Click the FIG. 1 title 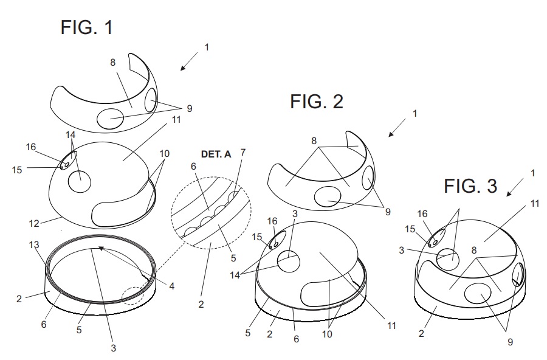[86, 27]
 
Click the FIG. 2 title [316, 102]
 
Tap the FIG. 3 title [470, 185]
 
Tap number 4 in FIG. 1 [171, 285]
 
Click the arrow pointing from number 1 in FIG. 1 [189, 61]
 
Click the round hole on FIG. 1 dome [79, 181]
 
